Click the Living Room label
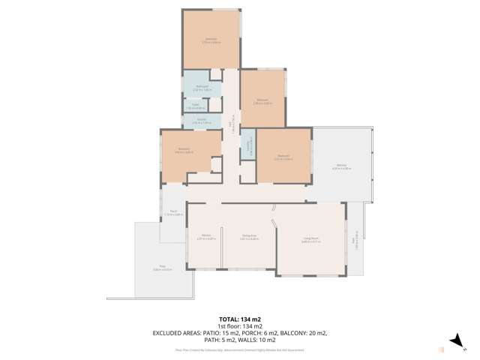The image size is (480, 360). pos(311,240)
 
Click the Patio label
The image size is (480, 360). pos(163,268)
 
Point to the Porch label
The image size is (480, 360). pos(173,213)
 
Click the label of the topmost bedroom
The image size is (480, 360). pos(211,41)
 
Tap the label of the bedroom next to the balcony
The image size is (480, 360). pos(283,157)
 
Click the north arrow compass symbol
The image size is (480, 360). pos(454,341)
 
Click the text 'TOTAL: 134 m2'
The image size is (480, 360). pos(239,319)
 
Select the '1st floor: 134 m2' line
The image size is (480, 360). pos(239,326)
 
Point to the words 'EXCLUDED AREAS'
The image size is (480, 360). pos(179,333)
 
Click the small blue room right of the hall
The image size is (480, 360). pos(248,148)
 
